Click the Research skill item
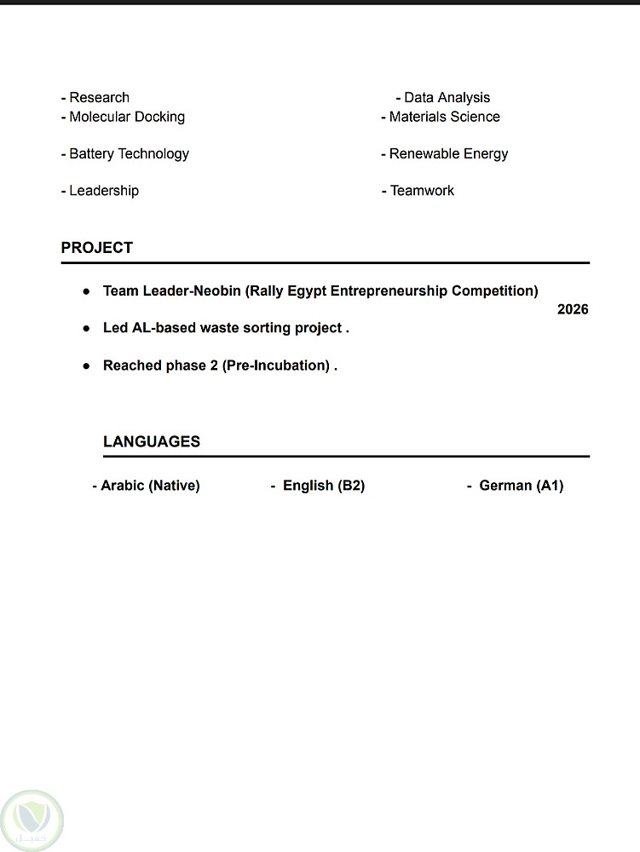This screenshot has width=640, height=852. (x=99, y=98)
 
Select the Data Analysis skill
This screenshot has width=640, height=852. (x=447, y=98)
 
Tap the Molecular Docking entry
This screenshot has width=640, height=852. (x=126, y=117)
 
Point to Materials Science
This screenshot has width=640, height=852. (x=444, y=117)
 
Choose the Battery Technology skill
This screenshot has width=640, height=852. (x=129, y=154)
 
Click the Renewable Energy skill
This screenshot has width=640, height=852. (x=448, y=154)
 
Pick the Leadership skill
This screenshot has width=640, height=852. (x=103, y=191)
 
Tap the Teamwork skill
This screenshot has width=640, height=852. (x=422, y=191)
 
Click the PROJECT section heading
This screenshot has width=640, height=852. (x=97, y=248)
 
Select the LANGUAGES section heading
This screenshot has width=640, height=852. (x=152, y=441)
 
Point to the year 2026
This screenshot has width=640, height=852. (x=573, y=309)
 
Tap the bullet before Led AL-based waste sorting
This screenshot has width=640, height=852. (x=86, y=328)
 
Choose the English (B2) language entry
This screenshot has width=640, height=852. (x=323, y=486)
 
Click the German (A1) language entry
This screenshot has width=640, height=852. (x=521, y=486)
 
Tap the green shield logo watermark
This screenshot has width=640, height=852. (x=32, y=820)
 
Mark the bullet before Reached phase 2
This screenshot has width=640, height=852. (x=86, y=366)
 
